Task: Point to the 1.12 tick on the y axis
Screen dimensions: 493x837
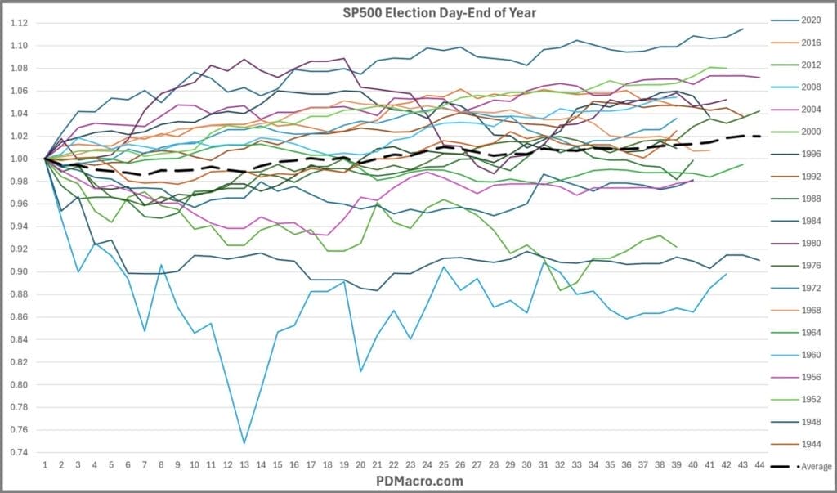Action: (22, 23)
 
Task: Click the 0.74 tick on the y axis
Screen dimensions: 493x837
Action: (22, 452)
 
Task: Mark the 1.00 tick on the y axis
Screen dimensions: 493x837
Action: (22, 159)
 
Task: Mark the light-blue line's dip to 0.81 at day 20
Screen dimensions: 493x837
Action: (360, 371)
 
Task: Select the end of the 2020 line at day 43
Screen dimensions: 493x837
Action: (742, 29)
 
